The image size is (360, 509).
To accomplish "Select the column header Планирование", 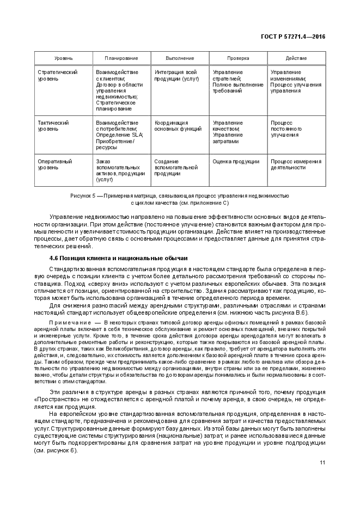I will (121, 58).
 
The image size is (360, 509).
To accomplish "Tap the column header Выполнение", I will (180, 58).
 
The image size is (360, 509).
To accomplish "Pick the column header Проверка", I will (238, 58).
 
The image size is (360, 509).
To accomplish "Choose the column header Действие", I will (296, 58).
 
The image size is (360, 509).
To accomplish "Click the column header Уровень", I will (63, 58).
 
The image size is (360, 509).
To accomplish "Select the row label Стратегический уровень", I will (57, 76).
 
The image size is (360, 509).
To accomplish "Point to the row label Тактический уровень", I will (53, 126).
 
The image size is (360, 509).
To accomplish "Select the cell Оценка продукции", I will (236, 161).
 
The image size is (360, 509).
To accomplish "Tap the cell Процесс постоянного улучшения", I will (286, 129).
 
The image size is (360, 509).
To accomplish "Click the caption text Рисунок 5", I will (83, 195).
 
